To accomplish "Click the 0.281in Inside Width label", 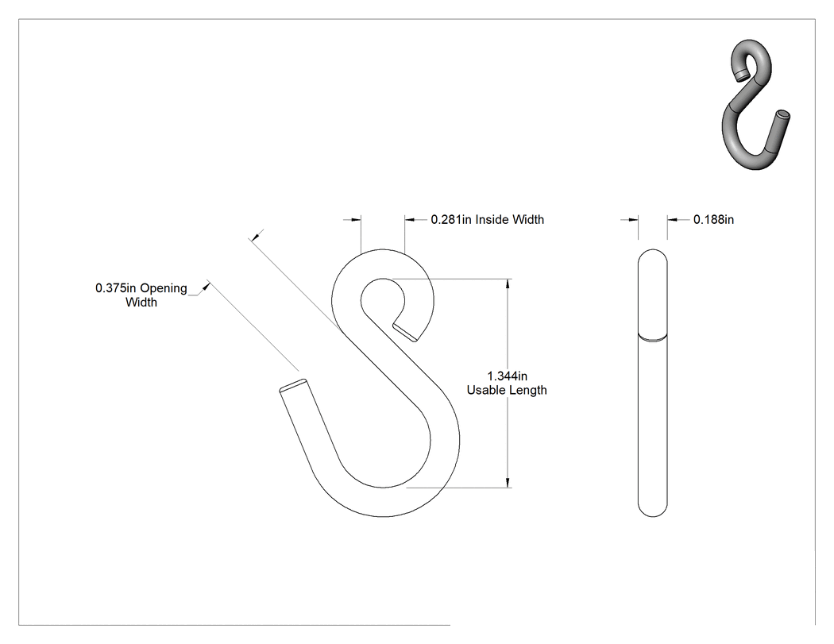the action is tap(487, 219).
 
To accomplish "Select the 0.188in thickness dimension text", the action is tap(713, 219).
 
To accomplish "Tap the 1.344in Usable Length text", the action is tap(507, 383).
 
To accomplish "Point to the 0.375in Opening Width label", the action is tap(141, 295).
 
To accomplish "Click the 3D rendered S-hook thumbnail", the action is tap(755, 104).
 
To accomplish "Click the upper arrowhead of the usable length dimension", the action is tap(508, 283).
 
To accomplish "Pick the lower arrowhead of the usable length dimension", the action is tap(508, 482).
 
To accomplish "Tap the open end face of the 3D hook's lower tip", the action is tap(783, 114).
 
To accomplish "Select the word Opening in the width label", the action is tap(164, 288).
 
